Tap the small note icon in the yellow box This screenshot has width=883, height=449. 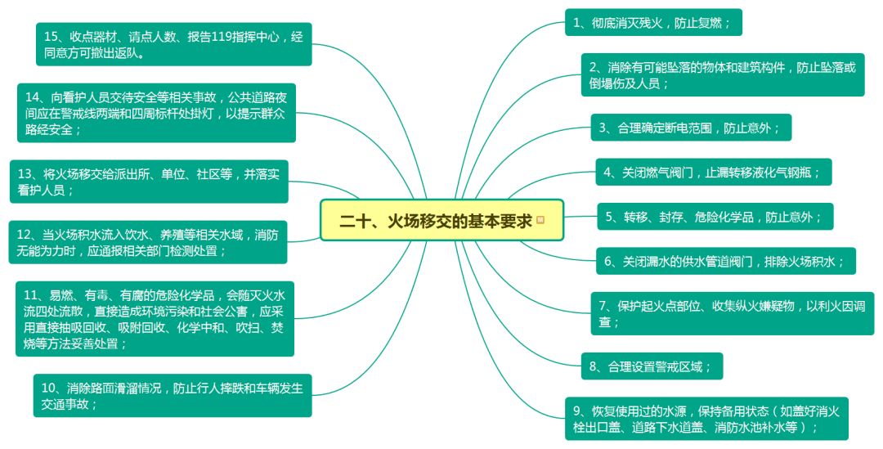coord(540,221)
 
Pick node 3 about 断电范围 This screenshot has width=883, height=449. coord(691,128)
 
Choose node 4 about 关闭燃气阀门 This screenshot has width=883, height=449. coord(714,173)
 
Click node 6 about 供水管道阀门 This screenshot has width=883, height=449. coord(725,262)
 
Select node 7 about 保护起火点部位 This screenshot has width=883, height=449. coord(732,313)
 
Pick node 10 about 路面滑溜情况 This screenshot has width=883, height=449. coord(173,396)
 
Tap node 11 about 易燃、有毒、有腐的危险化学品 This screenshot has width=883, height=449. coord(155,319)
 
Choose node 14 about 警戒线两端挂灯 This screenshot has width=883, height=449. coord(156,113)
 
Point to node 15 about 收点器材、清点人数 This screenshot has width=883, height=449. coord(173,45)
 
